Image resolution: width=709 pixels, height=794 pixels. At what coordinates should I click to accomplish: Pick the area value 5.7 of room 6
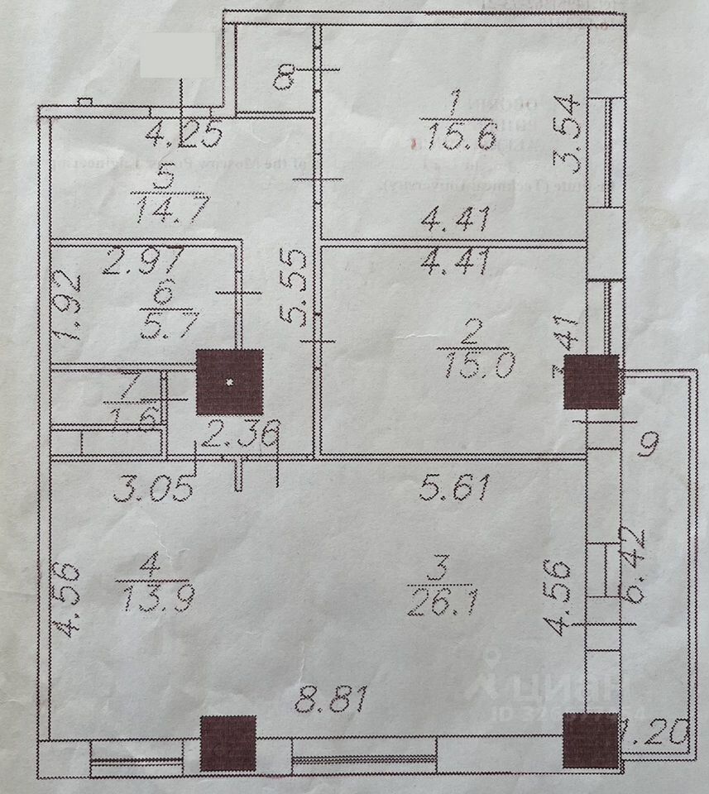pos(169,323)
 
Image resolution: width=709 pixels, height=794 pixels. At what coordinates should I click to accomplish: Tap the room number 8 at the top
pos(285,78)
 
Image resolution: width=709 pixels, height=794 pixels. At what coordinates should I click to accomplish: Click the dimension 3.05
pos(154,490)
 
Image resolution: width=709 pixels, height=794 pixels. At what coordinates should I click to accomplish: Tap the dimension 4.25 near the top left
pos(183,132)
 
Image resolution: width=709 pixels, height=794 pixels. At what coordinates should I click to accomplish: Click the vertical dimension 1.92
pos(72,307)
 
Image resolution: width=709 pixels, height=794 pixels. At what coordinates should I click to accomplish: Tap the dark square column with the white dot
pos(230,382)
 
